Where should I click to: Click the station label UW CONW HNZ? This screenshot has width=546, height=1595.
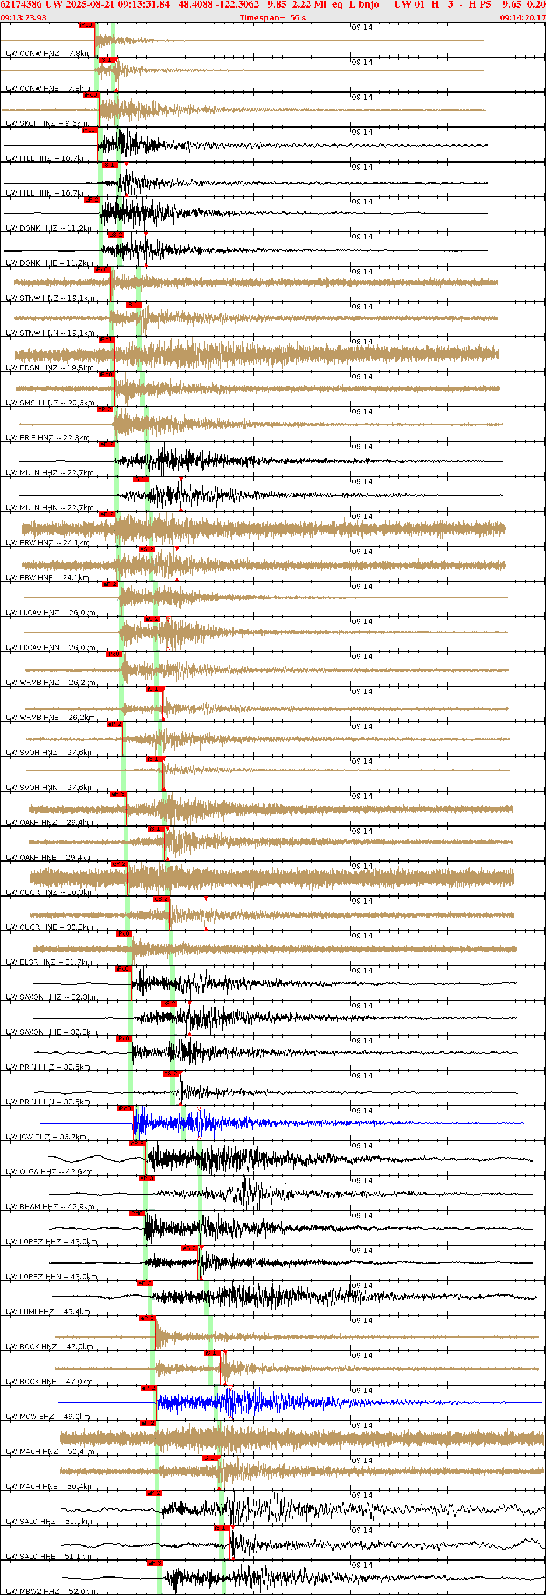coord(48,53)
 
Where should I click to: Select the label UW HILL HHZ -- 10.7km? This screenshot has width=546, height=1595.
coord(47,158)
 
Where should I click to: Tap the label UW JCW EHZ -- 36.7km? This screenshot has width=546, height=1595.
coord(46,1137)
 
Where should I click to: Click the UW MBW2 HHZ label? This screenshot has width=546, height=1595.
coord(50,1592)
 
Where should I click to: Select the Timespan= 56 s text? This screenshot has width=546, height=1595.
coord(272,18)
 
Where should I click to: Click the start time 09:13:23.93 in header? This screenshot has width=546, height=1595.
coord(23,18)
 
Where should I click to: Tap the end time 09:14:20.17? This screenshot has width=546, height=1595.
coord(523,18)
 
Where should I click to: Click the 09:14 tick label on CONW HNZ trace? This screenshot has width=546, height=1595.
coord(362,27)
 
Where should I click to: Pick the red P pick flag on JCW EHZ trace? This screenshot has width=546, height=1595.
coord(125,1109)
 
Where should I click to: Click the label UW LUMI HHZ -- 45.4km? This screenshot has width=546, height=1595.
coord(48,1311)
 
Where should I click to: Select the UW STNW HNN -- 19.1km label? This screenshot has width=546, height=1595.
coord(50,333)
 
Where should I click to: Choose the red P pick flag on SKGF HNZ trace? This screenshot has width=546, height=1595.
coord(90,95)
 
